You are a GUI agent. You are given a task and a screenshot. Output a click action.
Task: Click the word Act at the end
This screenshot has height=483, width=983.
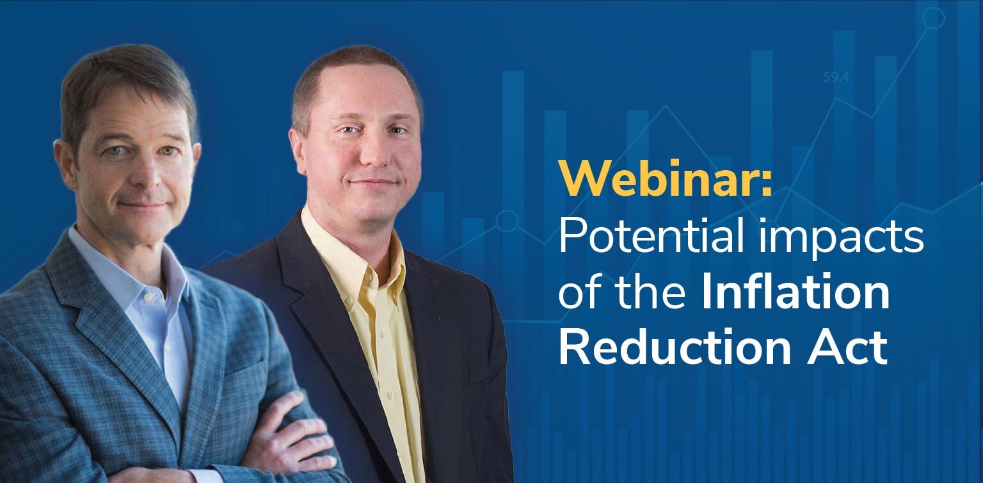pos(851,348)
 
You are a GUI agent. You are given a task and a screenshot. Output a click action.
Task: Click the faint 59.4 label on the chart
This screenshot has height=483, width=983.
pos(836,77)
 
